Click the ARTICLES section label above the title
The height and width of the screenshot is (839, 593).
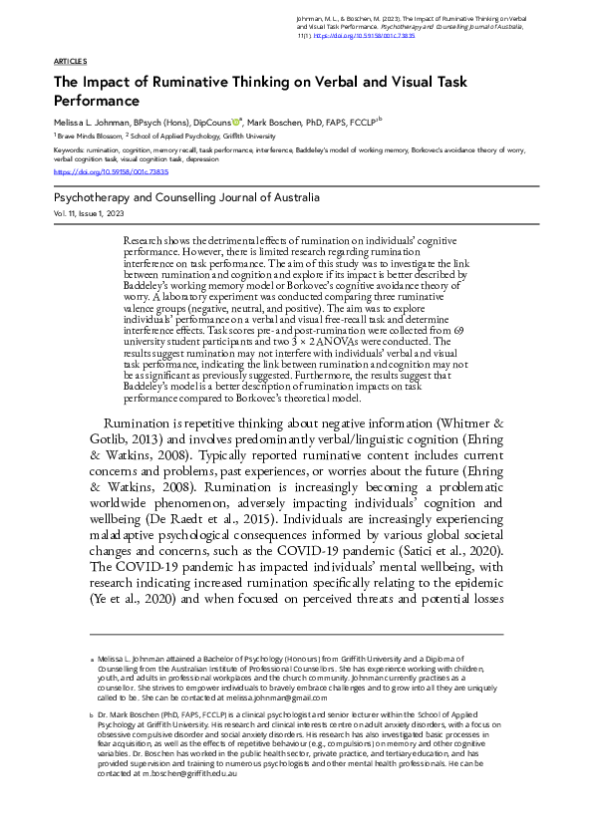click(x=70, y=61)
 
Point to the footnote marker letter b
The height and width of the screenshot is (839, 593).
click(x=92, y=715)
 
